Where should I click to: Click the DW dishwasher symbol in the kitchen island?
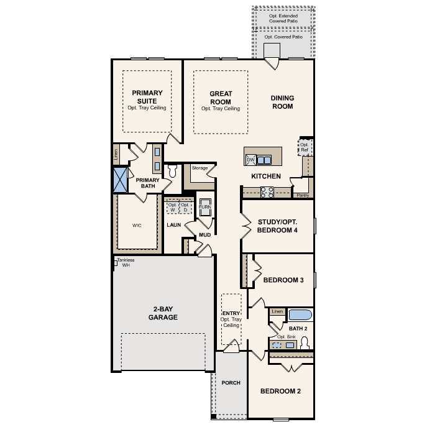tap(250, 160)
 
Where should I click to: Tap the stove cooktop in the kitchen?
tap(267, 192)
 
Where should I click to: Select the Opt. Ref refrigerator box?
tap(305, 147)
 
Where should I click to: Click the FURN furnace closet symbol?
tap(205, 207)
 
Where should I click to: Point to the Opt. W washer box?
tap(173, 208)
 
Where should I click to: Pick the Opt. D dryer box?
tap(185, 208)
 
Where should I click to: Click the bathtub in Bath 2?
tap(300, 315)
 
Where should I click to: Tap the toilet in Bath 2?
tap(305, 343)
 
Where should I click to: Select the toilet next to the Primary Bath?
tap(173, 171)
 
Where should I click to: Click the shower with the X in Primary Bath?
tap(121, 180)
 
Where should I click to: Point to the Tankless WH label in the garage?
tap(126, 262)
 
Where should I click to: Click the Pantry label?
tap(303, 195)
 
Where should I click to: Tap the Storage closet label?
tap(200, 168)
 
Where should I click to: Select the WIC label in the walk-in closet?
tap(137, 225)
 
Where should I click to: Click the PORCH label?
tap(231, 383)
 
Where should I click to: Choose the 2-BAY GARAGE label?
tap(163, 313)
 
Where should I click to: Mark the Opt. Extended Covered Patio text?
tap(283, 18)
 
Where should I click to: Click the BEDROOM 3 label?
tap(283, 280)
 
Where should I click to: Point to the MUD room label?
tap(204, 235)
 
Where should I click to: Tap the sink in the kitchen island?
tap(264, 160)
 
